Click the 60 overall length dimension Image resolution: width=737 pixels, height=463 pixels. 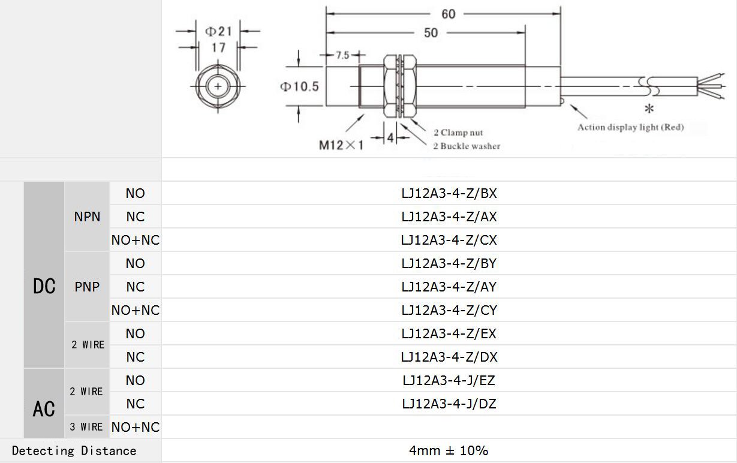448,14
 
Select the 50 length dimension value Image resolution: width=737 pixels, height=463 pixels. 431,33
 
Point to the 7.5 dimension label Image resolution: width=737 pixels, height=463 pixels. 342,55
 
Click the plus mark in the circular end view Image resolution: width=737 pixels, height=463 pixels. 217,87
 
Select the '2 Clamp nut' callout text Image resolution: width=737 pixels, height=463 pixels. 458,133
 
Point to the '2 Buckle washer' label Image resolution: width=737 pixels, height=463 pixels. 467,146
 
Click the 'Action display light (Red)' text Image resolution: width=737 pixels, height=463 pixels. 630,127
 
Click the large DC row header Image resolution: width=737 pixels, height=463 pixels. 44,287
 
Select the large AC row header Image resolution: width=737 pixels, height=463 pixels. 44,409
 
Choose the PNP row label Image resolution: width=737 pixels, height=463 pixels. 87,287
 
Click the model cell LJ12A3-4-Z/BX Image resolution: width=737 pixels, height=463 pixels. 449,194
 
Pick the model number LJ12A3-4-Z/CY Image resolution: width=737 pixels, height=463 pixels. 449,310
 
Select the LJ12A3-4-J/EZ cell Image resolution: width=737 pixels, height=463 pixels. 449,380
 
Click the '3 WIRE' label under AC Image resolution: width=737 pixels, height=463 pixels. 86,427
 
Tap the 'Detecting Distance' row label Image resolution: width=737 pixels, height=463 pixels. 74,450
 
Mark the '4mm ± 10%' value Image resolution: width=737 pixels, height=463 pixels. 449,450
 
